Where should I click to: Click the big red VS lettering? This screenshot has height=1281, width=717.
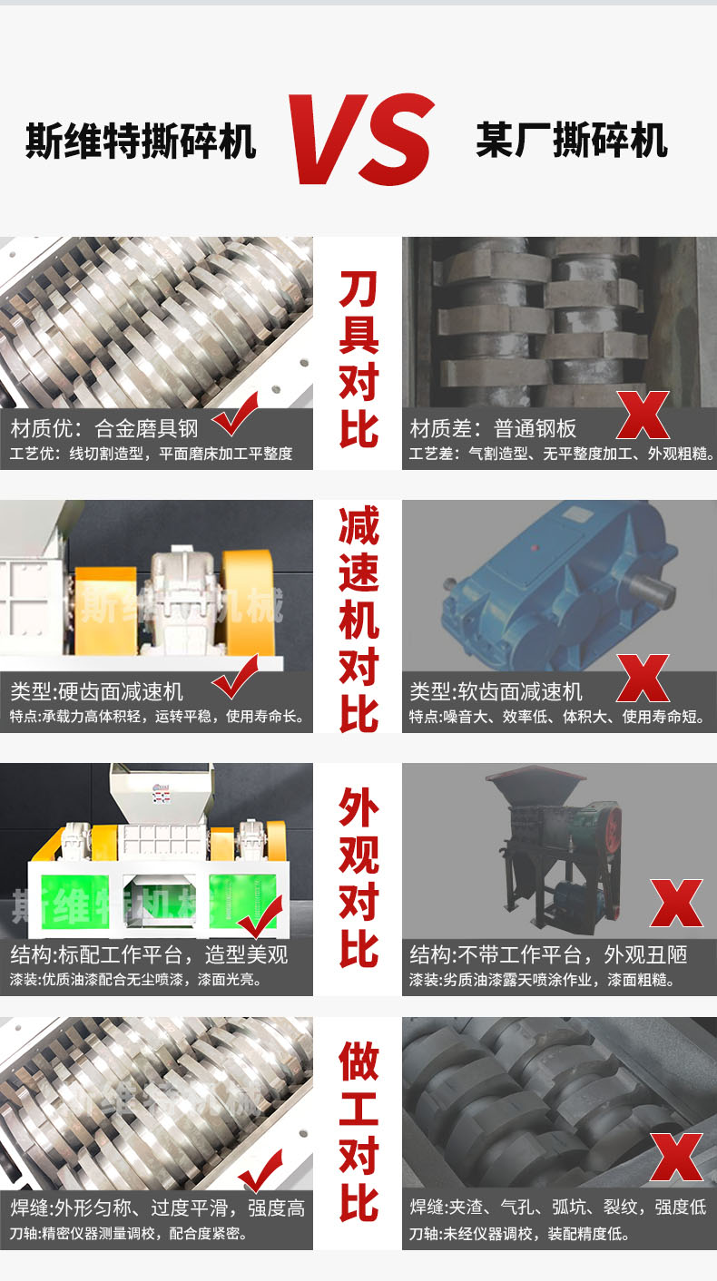362,139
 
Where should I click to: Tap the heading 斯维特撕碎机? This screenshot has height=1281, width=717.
141,141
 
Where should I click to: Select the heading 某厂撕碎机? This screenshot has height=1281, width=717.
572,140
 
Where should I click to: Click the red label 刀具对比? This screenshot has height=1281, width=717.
358,359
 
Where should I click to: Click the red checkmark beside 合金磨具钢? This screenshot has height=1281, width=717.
236,414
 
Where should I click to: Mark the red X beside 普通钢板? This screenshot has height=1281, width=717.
643,416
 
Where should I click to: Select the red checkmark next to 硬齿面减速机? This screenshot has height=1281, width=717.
236,677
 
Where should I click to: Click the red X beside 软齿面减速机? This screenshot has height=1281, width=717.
643,679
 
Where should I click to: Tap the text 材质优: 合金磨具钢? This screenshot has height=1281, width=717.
104,428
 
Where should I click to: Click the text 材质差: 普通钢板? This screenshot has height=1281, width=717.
493,428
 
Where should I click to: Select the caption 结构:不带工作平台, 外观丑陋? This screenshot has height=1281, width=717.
548,954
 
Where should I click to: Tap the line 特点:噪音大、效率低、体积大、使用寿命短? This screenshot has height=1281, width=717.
556,717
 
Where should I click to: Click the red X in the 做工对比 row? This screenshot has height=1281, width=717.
676,1158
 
